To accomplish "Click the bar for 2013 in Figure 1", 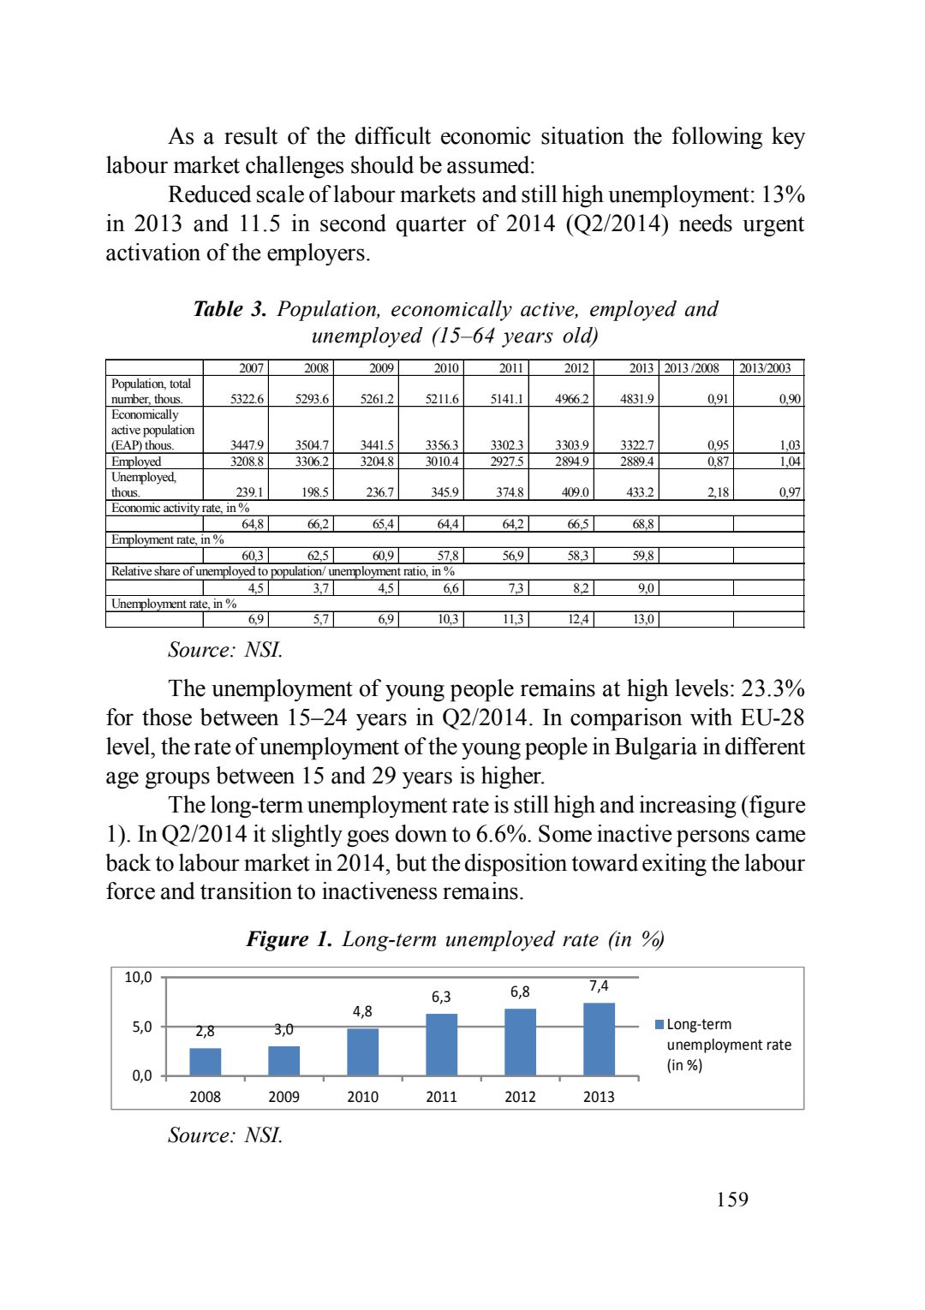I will pos(599,1039).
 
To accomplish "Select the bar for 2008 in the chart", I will pos(206,1062).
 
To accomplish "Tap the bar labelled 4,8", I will pos(362,1051).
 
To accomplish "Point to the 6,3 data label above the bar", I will pos(441,997).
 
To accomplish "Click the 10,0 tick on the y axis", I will pos(138,977).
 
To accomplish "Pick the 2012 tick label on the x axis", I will pos(520,1097).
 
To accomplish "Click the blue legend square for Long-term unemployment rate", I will pos(659,1024).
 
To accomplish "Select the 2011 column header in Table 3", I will pos(511,368).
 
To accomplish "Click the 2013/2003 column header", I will pos(765,368).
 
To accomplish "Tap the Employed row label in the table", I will pos(136,461).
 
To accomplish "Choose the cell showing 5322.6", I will pos(248,399).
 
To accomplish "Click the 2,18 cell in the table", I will pos(718,492).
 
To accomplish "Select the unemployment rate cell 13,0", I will pos(643,619).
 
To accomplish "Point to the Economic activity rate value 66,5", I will pos(578,524).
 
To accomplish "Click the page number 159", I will pos(732,1200).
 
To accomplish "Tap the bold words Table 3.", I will pos(230,309).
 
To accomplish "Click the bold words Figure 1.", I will pos(289,939).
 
